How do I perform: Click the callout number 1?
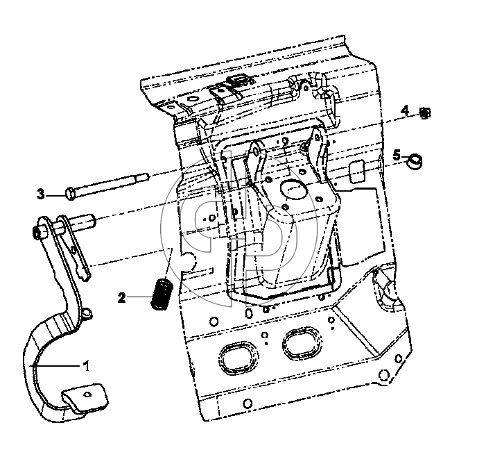(x=87, y=365)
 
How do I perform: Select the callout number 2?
(x=122, y=298)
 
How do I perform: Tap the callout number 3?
(x=41, y=194)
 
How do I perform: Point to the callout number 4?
(x=405, y=110)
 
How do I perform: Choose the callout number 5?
(x=397, y=156)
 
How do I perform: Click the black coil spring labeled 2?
(x=162, y=294)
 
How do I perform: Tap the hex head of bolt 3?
(x=70, y=194)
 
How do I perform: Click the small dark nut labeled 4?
(x=425, y=113)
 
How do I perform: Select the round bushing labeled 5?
(x=415, y=161)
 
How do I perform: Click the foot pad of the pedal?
(x=85, y=398)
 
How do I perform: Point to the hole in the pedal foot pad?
(x=87, y=394)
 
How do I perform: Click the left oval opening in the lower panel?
(x=238, y=358)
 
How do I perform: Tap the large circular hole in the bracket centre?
(x=294, y=190)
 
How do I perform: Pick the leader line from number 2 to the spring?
(x=139, y=297)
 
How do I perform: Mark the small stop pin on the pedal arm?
(x=87, y=313)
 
